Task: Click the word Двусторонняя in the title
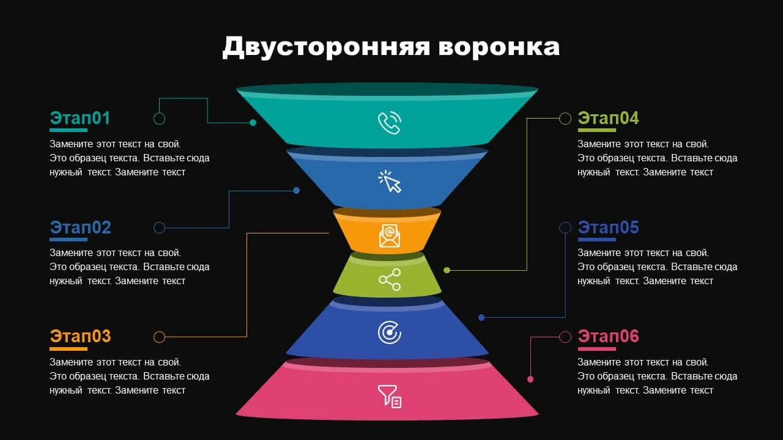tap(325, 47)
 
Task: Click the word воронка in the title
tap(499, 47)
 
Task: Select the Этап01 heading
tap(80, 118)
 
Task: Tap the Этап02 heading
tap(80, 227)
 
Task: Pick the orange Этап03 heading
tap(80, 336)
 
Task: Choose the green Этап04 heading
tap(608, 118)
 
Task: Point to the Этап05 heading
tap(608, 227)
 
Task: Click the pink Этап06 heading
tap(608, 336)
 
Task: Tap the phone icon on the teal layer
tap(389, 123)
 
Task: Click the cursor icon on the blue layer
tap(389, 182)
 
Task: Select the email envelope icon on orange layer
tap(390, 236)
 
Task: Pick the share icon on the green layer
tap(390, 280)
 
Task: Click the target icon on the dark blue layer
tap(389, 332)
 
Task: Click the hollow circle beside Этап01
tap(159, 119)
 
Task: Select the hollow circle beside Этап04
tap(565, 119)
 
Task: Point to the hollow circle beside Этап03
tap(159, 337)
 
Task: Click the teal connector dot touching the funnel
tap(253, 123)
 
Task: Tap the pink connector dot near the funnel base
tap(530, 380)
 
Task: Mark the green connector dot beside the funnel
tap(447, 270)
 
